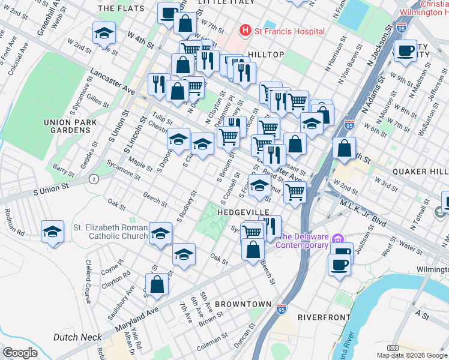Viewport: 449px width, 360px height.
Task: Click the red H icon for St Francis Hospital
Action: coord(245,30)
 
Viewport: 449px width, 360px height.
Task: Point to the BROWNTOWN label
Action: coord(243,304)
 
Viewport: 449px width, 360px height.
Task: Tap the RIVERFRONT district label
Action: coord(324,316)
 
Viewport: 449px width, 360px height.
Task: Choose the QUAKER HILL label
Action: coord(420,171)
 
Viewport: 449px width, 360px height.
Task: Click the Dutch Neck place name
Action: coord(77,337)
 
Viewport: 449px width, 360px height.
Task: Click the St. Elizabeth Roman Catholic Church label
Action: coord(110,232)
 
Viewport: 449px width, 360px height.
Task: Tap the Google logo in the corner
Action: coord(20,352)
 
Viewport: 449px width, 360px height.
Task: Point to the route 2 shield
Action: coord(94,179)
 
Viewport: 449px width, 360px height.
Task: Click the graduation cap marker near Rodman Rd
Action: coord(52,230)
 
